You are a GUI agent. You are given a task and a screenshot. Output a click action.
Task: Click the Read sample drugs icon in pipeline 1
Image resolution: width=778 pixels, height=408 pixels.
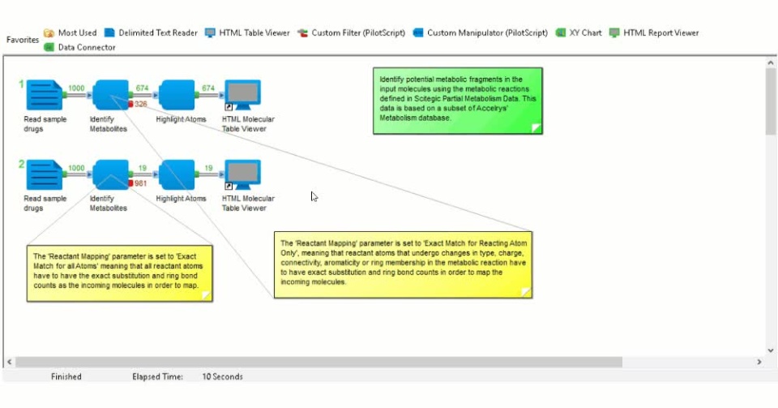[x=45, y=95]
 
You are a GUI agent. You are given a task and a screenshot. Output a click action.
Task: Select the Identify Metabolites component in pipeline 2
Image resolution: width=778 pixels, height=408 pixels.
[x=111, y=174]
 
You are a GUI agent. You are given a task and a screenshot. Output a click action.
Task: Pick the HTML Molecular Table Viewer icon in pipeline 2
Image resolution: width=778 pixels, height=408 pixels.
[x=242, y=174]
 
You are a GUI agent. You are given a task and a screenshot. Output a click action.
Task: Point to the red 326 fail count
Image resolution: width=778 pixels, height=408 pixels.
[x=139, y=104]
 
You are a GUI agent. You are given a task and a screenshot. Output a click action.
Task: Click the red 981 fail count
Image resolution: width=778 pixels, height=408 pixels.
[x=139, y=183]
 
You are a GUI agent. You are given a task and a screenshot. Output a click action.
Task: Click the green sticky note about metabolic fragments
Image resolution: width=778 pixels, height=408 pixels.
[x=457, y=100]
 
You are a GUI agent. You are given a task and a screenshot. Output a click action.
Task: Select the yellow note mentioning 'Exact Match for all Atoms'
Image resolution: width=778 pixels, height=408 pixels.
[x=119, y=272]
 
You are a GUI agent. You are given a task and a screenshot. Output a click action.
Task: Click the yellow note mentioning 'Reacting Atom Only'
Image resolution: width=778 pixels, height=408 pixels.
[x=403, y=264]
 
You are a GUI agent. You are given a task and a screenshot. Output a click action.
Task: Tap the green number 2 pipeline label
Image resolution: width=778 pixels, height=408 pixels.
[x=22, y=165]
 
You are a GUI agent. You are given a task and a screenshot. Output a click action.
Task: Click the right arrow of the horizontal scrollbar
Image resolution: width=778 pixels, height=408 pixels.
[x=759, y=362]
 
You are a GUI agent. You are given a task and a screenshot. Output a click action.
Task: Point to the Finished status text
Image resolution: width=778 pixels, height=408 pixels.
[x=66, y=376]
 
